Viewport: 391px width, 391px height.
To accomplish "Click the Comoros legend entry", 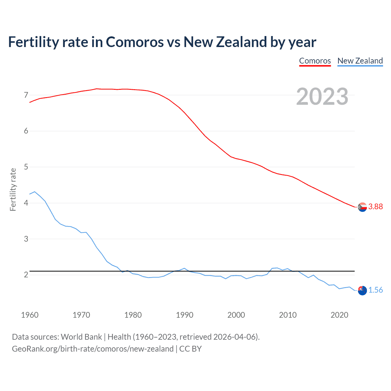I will pos(315,61).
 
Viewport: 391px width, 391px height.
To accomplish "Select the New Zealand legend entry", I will pos(360,61).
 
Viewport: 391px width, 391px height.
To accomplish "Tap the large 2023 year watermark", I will pos(322,97).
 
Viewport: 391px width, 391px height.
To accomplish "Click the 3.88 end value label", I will pos(375,207).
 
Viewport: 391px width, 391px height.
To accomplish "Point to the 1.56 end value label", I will pos(375,290).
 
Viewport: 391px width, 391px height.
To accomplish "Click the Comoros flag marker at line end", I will pos(362,207).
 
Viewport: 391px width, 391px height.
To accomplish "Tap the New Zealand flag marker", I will pos(362,291).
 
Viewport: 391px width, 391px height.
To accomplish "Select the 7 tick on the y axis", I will pos(26,95).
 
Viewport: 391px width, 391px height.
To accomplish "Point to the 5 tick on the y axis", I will pos(26,167).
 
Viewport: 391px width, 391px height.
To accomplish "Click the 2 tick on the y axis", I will pos(26,275).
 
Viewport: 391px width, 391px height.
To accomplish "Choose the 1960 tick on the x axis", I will pos(30,315).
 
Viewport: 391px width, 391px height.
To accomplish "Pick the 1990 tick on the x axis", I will pos(185,315).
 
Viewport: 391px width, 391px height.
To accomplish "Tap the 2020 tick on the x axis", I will pos(339,315).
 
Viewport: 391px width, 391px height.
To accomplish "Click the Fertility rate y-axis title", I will pos(13,189).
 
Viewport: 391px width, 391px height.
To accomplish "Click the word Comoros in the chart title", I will pos(135,42).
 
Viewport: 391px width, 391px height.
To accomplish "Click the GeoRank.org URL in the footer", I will pos(93,349).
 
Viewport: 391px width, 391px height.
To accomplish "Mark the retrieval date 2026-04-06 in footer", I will pos(235,337).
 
